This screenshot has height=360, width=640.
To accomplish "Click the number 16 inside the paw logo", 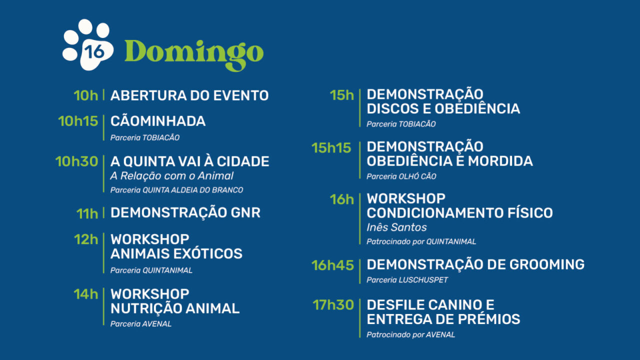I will click(91, 51).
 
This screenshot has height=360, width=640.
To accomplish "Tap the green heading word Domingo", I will click(194, 52).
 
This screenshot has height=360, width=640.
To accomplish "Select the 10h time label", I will click(86, 95).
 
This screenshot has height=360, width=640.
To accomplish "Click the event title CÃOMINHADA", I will click(158, 121).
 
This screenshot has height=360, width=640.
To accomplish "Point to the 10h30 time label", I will click(76, 161).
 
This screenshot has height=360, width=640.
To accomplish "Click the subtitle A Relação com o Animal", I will click(172, 176).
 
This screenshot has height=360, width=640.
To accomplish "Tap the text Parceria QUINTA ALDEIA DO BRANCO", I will click(176, 190).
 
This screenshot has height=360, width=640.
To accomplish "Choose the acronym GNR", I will click(245, 212).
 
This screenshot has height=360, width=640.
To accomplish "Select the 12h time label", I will click(86, 239).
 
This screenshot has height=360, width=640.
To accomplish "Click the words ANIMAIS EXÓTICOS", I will click(176, 253).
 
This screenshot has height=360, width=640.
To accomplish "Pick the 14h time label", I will click(86, 294).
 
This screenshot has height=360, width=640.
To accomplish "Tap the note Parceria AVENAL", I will click(141, 324).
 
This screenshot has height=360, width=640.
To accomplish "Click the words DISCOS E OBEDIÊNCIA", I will click(443, 108).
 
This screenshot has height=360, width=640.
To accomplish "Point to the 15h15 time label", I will click(331, 148).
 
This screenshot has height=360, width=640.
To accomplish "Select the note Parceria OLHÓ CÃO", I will click(401, 176).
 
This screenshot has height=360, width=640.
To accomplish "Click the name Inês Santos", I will click(396, 227).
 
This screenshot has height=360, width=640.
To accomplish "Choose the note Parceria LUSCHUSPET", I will click(407, 280).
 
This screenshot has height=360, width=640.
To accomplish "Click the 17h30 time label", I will click(333, 305).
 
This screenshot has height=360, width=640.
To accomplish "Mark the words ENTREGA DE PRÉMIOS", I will click(443, 319).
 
